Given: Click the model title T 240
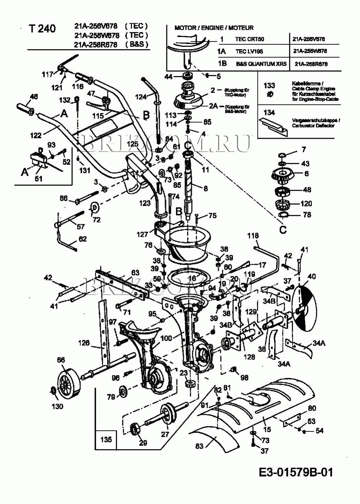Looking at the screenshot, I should pos(42,29).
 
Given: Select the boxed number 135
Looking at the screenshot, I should pos(106,439).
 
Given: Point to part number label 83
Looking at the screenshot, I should pos(199,446).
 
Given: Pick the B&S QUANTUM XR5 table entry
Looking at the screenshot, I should pos(261,64).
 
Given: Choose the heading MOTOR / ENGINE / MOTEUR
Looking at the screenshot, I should pos(214,28).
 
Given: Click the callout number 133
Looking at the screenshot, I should pos(269,85).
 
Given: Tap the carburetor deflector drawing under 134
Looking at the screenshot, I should pos(273,127).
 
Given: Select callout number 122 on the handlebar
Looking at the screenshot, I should pos(36,135).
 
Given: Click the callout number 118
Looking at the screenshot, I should pos(253,236).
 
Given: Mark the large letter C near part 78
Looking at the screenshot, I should pos(283,230).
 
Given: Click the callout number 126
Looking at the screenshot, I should pos(84,343).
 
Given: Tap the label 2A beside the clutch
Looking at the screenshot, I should pos(213,106).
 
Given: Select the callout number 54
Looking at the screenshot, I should pos(320,431).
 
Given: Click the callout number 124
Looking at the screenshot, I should pos(141,97).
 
